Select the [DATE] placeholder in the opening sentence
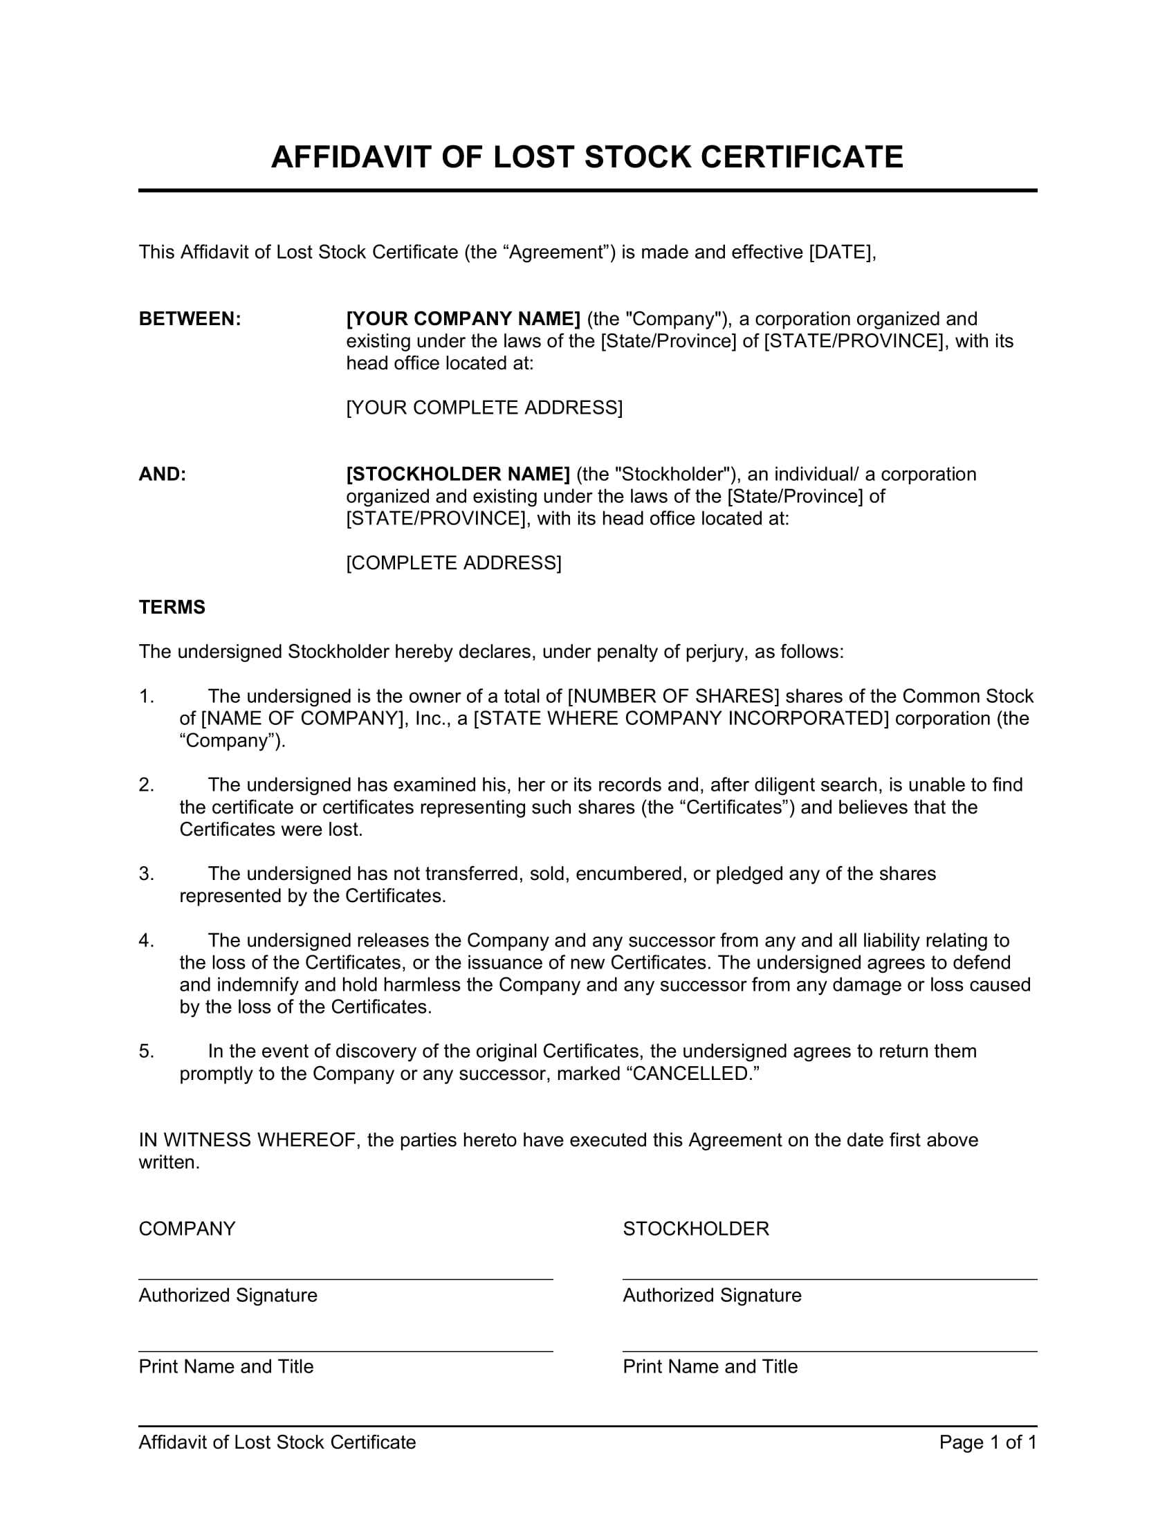pyautogui.click(x=841, y=252)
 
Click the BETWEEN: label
pyautogui.click(x=190, y=318)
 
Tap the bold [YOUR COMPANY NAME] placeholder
pyautogui.click(x=463, y=318)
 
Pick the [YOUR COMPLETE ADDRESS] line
pyautogui.click(x=484, y=407)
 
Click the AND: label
pyautogui.click(x=163, y=474)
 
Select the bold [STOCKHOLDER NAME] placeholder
pyautogui.click(x=459, y=474)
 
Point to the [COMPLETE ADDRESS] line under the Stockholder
pyautogui.click(x=454, y=562)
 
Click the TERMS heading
pyautogui.click(x=172, y=607)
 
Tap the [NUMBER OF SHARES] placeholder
pyautogui.click(x=674, y=695)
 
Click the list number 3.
pyautogui.click(x=145, y=873)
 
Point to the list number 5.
pyautogui.click(x=145, y=1051)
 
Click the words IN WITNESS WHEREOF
pyautogui.click(x=248, y=1139)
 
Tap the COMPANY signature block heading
pyautogui.click(x=187, y=1229)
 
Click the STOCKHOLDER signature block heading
pyautogui.click(x=695, y=1229)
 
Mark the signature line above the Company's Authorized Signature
pyautogui.click(x=346, y=1279)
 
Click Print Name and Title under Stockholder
pyautogui.click(x=710, y=1366)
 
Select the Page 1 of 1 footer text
pyautogui.click(x=987, y=1442)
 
